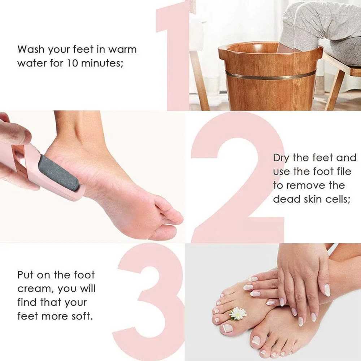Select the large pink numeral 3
(x=152, y=300)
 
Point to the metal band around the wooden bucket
(x=271, y=75)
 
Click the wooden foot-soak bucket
(x=271, y=87)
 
